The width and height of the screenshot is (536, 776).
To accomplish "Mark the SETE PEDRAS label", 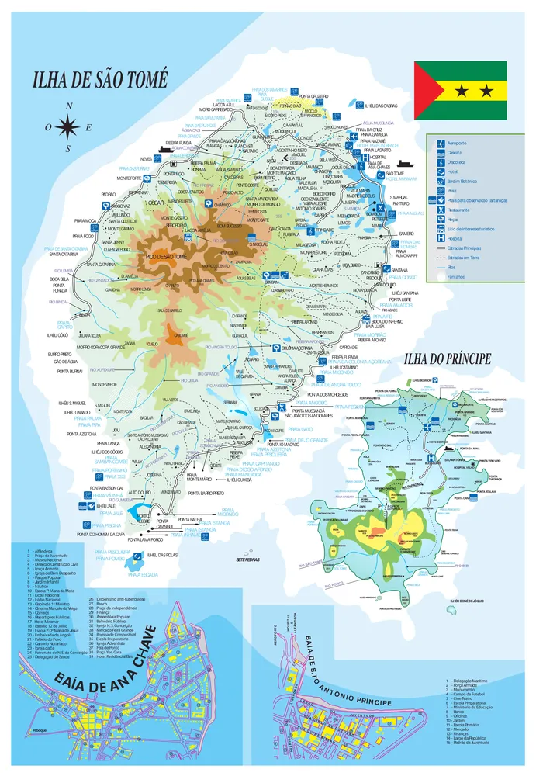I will click(247, 559).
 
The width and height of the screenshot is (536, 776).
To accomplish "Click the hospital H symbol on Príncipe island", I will click(431, 459).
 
